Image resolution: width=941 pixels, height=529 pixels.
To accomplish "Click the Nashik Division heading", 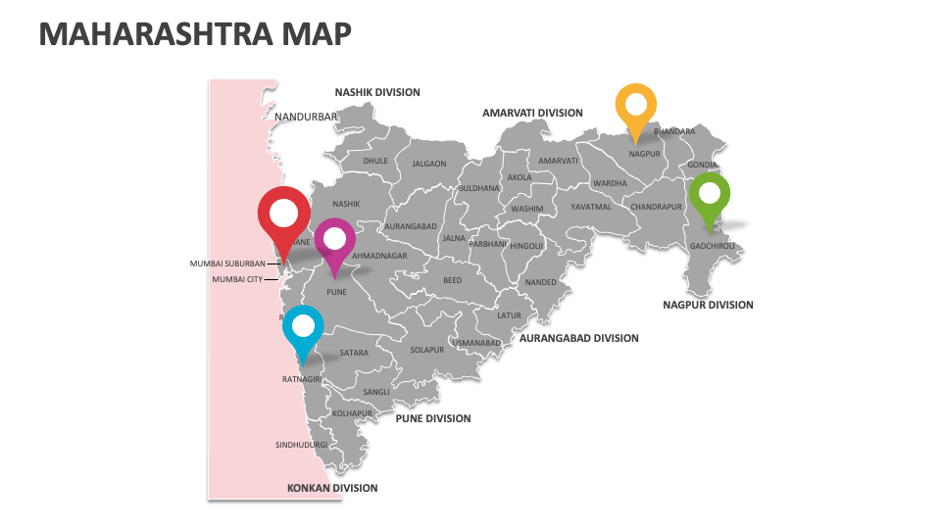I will point(377,92).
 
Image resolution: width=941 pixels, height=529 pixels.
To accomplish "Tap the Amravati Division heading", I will point(532,113).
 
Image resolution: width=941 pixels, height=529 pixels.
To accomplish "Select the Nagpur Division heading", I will point(708,305).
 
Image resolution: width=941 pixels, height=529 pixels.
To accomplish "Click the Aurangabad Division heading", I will point(578,338).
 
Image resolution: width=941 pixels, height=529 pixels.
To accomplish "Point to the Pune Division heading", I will point(433,418).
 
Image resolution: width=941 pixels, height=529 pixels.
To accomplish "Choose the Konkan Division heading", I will point(332,488).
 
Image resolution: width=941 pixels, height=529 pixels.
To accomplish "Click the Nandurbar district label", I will point(306,117).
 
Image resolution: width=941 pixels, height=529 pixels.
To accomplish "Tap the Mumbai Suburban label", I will point(227,264).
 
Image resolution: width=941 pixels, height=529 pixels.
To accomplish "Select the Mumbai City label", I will point(238,279).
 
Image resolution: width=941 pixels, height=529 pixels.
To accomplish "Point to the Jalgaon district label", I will point(428,165).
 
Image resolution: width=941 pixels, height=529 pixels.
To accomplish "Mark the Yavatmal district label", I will point(591,207).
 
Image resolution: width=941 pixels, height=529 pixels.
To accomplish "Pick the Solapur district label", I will point(427,350).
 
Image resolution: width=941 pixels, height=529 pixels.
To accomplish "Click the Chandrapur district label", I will point(656,207).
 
